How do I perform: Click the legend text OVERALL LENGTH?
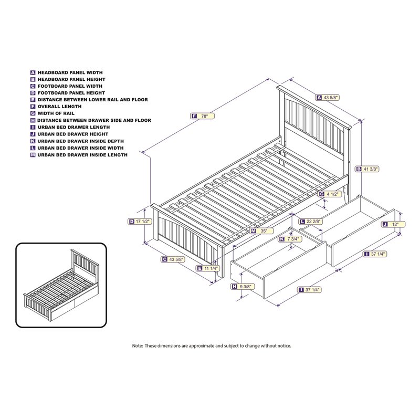tap(60, 107)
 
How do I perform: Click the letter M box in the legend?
tap(33, 155)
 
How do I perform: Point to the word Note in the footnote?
tap(138, 346)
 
